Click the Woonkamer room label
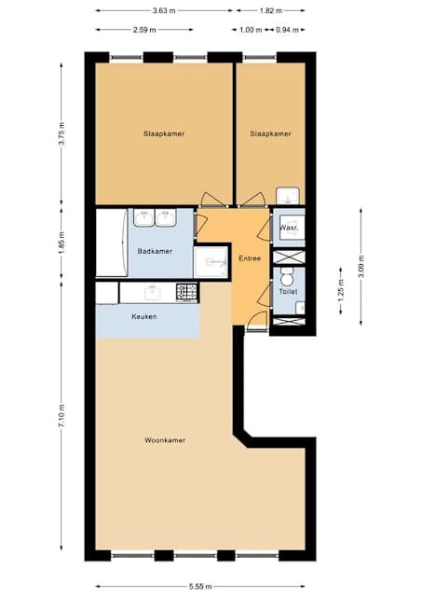coord(165,440)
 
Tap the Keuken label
coord(144,316)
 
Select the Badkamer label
coord(155,251)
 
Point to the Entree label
coord(250,258)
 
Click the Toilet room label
coord(288,292)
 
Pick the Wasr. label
coord(288,229)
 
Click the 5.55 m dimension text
coord(200,587)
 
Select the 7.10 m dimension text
coord(62,415)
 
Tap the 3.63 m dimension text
coord(164,10)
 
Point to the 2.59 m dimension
coord(144,30)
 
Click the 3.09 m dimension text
coord(361,266)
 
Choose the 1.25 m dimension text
coord(341,290)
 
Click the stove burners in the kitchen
coord(186,292)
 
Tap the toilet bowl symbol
coord(286,278)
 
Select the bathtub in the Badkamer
coord(112,243)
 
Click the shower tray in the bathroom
coord(211,262)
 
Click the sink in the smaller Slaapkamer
coord(288,196)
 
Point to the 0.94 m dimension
coord(288,30)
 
